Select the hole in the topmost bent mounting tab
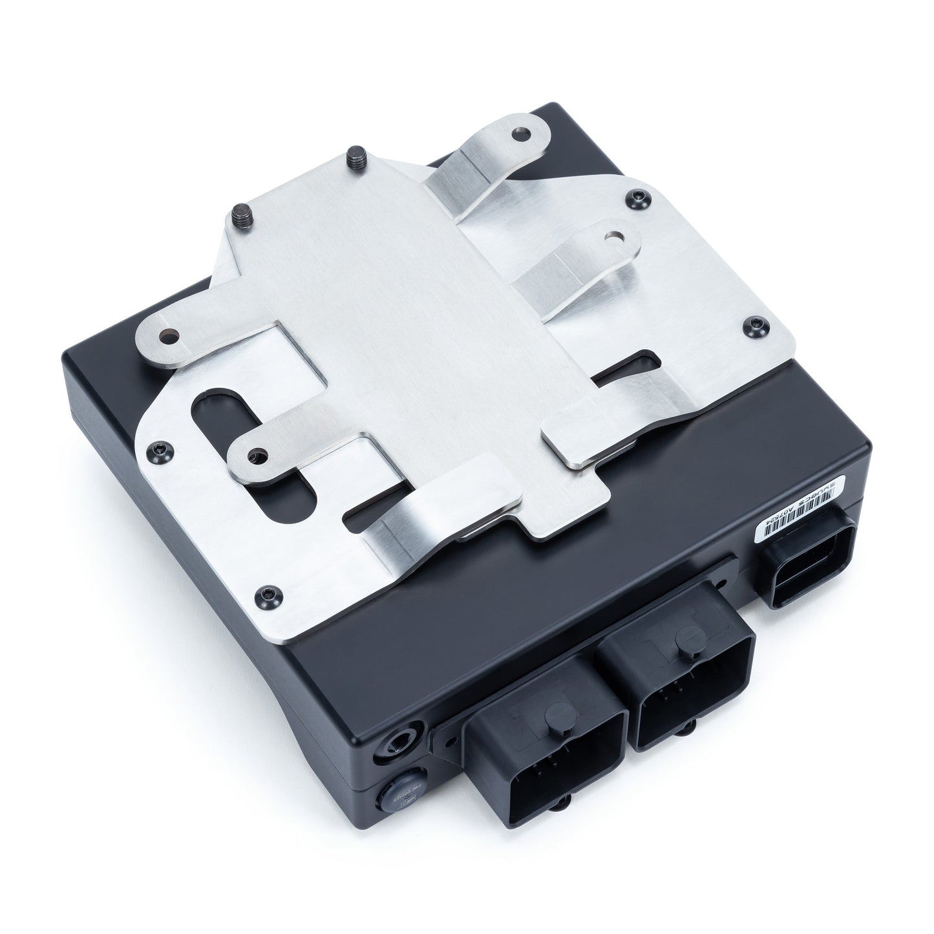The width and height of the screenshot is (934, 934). (x=518, y=134)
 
